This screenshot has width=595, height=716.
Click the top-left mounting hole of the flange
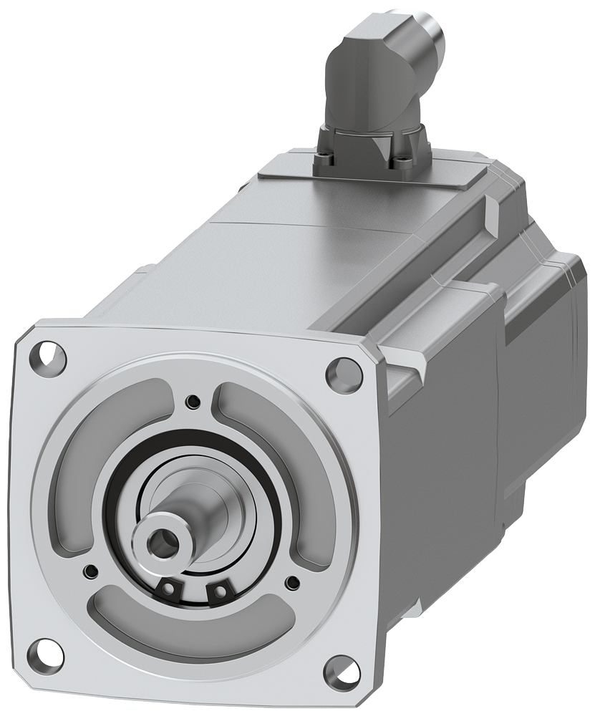46,354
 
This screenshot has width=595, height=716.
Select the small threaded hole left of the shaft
90,571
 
